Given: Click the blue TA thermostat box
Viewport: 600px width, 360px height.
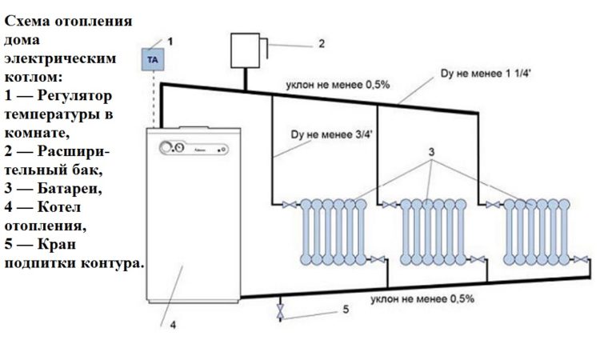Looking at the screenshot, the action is pos(153,59).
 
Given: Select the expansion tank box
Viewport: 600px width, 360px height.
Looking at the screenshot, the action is pos(246,50).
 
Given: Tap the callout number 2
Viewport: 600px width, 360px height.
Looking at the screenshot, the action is pos(322,44).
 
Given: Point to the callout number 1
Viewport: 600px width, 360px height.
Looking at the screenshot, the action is pos(170,42).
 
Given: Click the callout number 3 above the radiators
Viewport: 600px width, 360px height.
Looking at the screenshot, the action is pos(431,152).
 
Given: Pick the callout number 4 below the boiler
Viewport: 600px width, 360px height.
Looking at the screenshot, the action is pos(173,325).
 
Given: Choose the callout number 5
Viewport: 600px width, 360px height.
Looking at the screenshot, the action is pos(346,309).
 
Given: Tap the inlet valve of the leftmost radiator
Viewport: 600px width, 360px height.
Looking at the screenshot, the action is pos(289,205).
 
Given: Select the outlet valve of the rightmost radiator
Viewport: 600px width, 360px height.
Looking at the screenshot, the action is pos(581,259).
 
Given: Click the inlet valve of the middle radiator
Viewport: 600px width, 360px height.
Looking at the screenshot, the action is pos(389,205).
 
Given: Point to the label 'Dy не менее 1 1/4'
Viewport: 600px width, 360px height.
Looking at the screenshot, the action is pos(486,74).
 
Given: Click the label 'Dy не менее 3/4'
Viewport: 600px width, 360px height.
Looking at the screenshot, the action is pos(331,134).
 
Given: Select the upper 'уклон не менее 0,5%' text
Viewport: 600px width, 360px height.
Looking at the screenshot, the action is pos(338,85).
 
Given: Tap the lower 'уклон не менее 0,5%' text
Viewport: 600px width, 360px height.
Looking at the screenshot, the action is pos(422,298).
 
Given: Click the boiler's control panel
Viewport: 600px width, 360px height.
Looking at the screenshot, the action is pos(194,148).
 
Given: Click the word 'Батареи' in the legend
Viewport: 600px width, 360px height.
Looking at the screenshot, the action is pos(70,188).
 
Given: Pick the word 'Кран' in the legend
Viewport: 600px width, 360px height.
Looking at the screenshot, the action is pos(57,244).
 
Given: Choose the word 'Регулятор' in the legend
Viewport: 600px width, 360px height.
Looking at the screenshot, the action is pos(74,96).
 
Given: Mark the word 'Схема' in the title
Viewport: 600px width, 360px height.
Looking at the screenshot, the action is pos(27,21).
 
